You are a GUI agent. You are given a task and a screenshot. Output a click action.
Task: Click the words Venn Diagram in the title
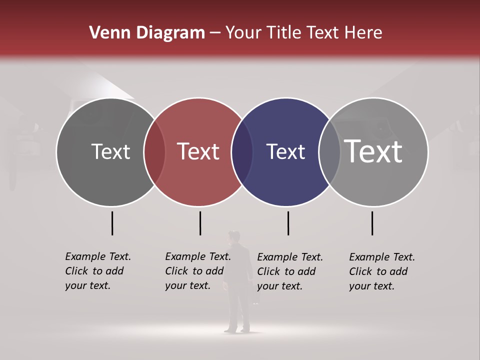(147, 33)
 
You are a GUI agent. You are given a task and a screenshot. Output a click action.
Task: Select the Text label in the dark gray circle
(110, 152)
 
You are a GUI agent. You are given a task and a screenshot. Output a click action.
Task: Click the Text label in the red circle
(198, 152)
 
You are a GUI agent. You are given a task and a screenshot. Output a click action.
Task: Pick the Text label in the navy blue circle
(285, 152)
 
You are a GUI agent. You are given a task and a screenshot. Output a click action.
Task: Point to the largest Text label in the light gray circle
(373, 151)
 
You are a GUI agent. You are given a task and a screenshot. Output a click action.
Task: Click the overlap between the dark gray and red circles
(154, 152)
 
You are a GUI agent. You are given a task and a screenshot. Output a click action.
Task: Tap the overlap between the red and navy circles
(242, 152)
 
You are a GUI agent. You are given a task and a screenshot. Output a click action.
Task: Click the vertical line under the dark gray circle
(112, 223)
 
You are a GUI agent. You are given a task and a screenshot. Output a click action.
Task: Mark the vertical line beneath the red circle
(200, 223)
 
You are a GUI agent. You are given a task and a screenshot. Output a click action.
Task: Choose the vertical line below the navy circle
(288, 223)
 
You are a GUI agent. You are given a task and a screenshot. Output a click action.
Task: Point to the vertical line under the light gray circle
(372, 223)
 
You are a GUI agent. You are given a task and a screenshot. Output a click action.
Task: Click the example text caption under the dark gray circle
(97, 271)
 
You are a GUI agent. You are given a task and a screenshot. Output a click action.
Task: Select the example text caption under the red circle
(197, 271)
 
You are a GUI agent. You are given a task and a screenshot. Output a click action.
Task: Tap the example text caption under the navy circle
(289, 271)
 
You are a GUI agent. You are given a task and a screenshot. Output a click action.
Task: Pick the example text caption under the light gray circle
(381, 271)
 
